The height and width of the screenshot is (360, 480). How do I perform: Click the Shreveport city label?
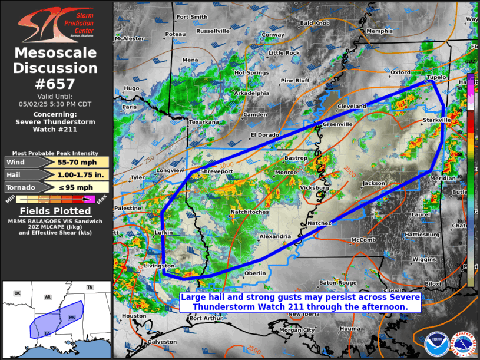point(217,171)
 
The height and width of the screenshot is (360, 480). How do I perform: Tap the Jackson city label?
point(373,183)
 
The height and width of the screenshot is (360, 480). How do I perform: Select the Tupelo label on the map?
point(437,78)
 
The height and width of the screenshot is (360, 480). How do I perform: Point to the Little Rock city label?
point(284,53)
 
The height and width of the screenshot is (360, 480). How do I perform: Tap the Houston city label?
point(133,316)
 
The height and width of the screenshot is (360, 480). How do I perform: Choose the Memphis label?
point(379,31)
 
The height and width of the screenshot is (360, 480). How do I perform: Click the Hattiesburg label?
point(422,234)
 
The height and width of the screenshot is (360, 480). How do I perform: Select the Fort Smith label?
point(191,17)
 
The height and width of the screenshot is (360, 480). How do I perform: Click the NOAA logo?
point(435,342)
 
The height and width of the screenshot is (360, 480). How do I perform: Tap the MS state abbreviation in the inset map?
point(72,317)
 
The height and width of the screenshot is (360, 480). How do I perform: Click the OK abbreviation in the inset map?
point(18,293)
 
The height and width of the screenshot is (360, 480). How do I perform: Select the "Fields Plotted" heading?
point(55,211)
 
